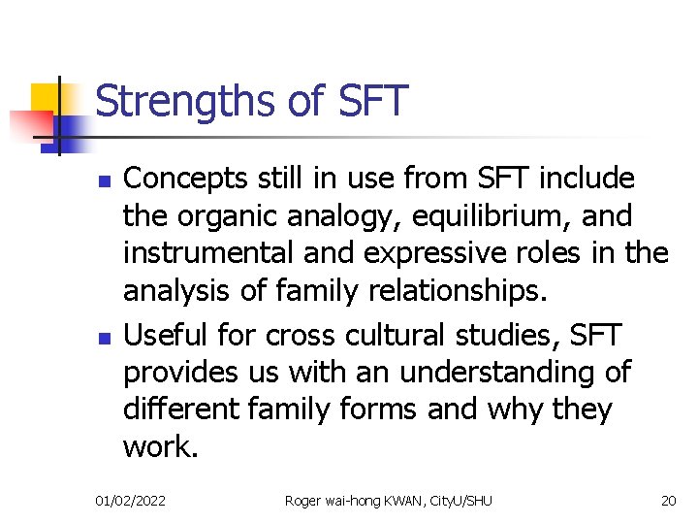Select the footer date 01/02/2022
click(130, 501)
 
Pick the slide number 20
click(668, 501)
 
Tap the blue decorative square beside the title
click(70, 129)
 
